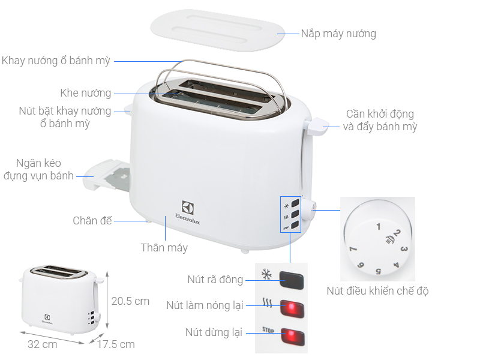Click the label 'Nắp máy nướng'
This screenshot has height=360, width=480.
339,34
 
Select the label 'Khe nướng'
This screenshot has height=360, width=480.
86,93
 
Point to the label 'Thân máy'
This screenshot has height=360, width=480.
164,248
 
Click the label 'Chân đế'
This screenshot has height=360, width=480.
92,221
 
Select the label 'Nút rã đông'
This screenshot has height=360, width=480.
215,280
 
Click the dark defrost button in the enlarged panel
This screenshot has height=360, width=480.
290,280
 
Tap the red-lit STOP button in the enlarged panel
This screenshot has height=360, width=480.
290,334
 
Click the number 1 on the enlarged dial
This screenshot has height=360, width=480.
378,227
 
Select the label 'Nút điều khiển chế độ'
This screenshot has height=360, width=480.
377,292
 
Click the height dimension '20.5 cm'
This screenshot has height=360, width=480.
130,301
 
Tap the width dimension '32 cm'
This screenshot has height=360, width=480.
42,344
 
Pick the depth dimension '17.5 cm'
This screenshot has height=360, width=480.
115,344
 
